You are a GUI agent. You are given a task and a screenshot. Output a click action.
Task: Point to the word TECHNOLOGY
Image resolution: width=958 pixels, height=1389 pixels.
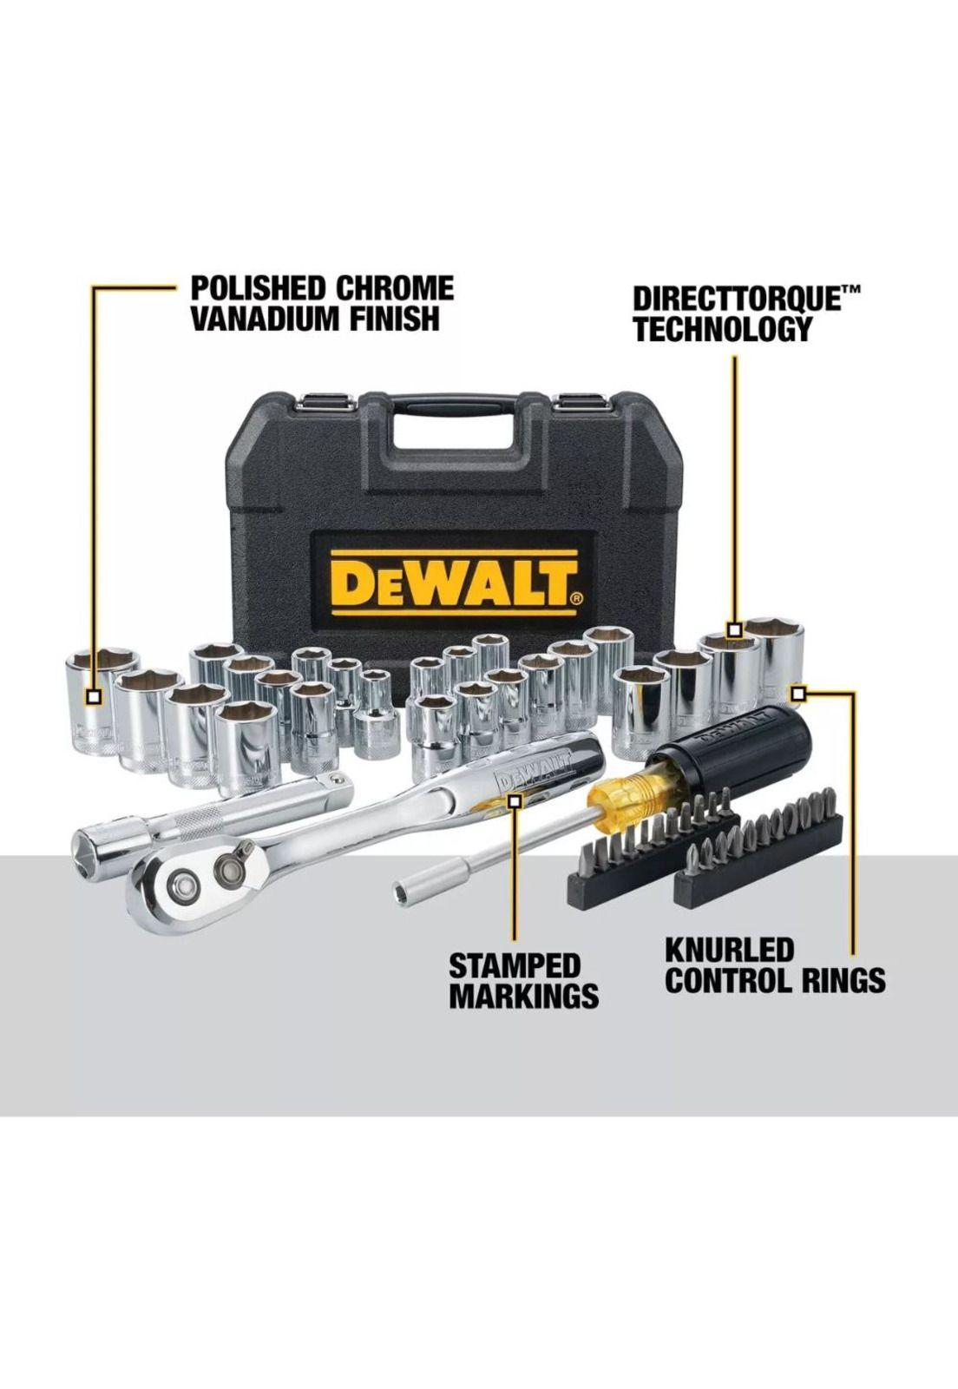(x=722, y=330)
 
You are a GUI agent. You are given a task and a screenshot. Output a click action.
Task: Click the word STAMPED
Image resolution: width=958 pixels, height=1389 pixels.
(x=514, y=965)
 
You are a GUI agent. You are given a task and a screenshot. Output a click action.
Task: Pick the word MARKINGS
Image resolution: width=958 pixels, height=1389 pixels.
(x=523, y=996)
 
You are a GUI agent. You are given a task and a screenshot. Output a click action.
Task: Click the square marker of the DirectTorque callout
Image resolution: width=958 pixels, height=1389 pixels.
(x=734, y=630)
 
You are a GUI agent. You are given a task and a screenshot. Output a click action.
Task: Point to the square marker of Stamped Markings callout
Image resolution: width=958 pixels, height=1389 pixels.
(x=514, y=802)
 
